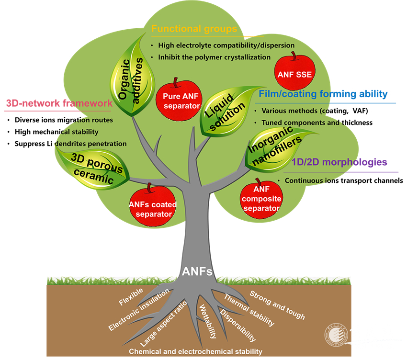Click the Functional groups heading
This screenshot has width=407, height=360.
click(194, 29)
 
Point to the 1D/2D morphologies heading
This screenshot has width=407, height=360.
click(339, 162)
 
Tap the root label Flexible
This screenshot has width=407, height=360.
click(131, 298)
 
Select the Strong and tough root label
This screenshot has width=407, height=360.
click(277, 304)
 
